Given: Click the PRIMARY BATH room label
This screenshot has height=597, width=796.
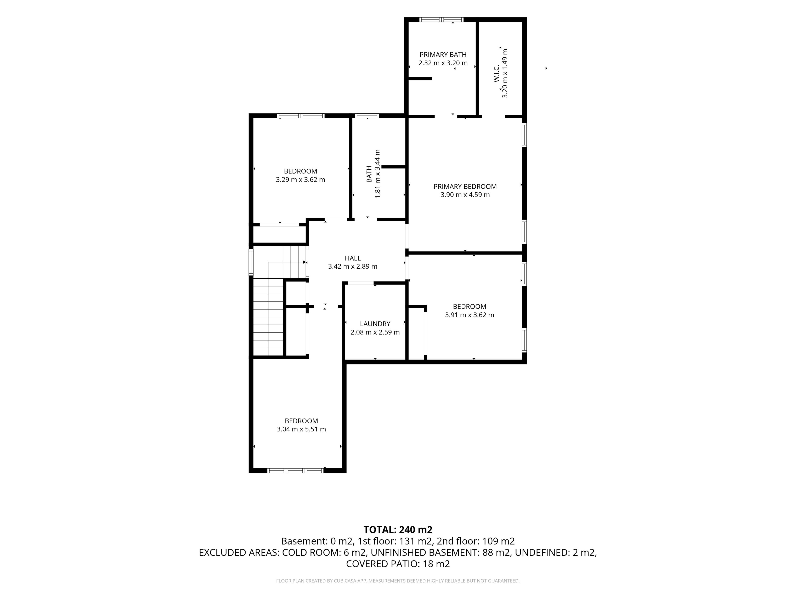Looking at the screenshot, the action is click(443, 55).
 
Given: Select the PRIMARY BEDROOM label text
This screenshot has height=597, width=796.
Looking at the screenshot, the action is click(465, 186).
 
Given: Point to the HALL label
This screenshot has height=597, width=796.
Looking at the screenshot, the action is click(353, 258).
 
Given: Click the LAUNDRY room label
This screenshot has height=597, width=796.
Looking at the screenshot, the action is click(375, 324).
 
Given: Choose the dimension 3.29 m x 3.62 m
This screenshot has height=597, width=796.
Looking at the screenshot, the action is click(301, 180).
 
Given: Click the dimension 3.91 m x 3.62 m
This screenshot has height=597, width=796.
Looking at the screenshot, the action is click(470, 315).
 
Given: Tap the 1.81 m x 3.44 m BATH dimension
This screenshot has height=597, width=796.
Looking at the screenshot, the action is click(377, 174).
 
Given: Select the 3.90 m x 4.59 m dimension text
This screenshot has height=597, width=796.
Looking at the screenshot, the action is click(465, 195).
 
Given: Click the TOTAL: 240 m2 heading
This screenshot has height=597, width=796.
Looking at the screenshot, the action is click(398, 530).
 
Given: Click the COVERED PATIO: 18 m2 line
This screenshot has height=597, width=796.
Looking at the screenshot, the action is click(398, 564).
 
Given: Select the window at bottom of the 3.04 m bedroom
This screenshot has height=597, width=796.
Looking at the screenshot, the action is click(295, 470).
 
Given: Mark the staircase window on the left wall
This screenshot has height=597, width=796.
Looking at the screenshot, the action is click(251, 262).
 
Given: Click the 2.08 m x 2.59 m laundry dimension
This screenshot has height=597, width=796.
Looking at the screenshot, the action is click(375, 332).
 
